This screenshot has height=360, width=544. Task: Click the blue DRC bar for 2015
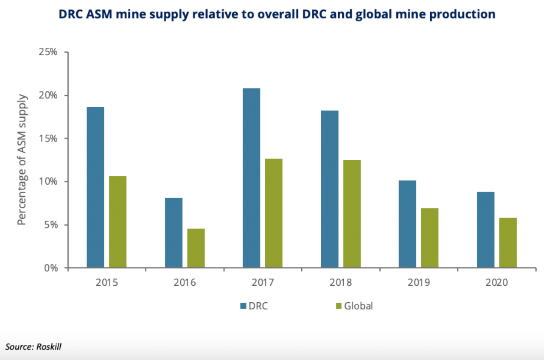point(95,187)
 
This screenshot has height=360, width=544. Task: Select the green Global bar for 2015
point(118,222)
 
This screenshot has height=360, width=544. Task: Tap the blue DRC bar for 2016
point(174,233)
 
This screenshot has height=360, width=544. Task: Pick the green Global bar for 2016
point(196,248)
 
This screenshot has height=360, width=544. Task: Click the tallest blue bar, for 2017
point(251,178)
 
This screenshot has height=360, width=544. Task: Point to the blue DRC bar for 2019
point(407,224)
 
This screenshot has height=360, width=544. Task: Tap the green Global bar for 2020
point(508,243)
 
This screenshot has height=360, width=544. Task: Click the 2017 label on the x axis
point(263,283)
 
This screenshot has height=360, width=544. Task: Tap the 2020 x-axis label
point(497,283)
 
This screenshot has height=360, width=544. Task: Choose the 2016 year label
point(185,283)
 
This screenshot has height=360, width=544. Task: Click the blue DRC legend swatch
point(243,306)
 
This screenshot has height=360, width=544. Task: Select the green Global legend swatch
point(339,306)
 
